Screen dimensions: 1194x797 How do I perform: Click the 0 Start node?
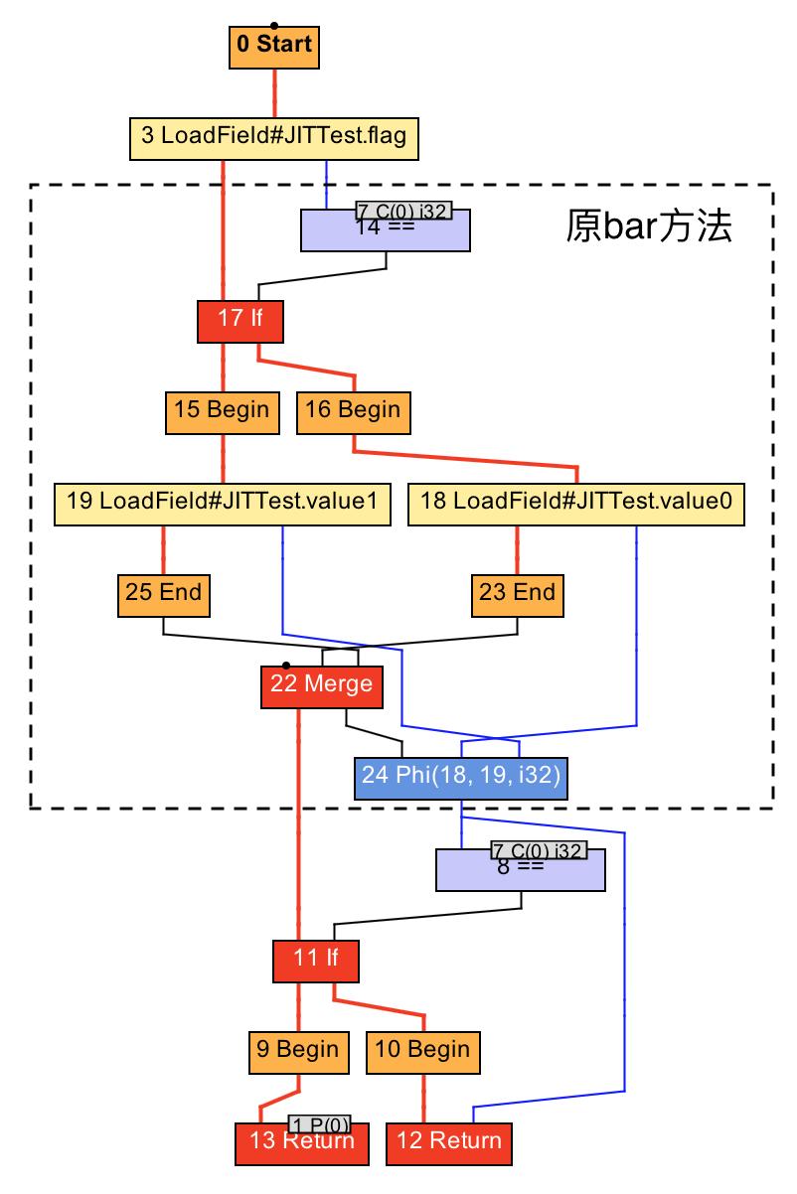coord(274,46)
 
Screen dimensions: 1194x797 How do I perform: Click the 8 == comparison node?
coord(521,870)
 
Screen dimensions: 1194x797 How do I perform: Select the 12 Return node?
coord(449,1143)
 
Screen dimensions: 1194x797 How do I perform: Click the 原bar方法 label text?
coord(650,226)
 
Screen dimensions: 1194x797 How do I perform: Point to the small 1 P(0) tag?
coord(320,1124)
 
